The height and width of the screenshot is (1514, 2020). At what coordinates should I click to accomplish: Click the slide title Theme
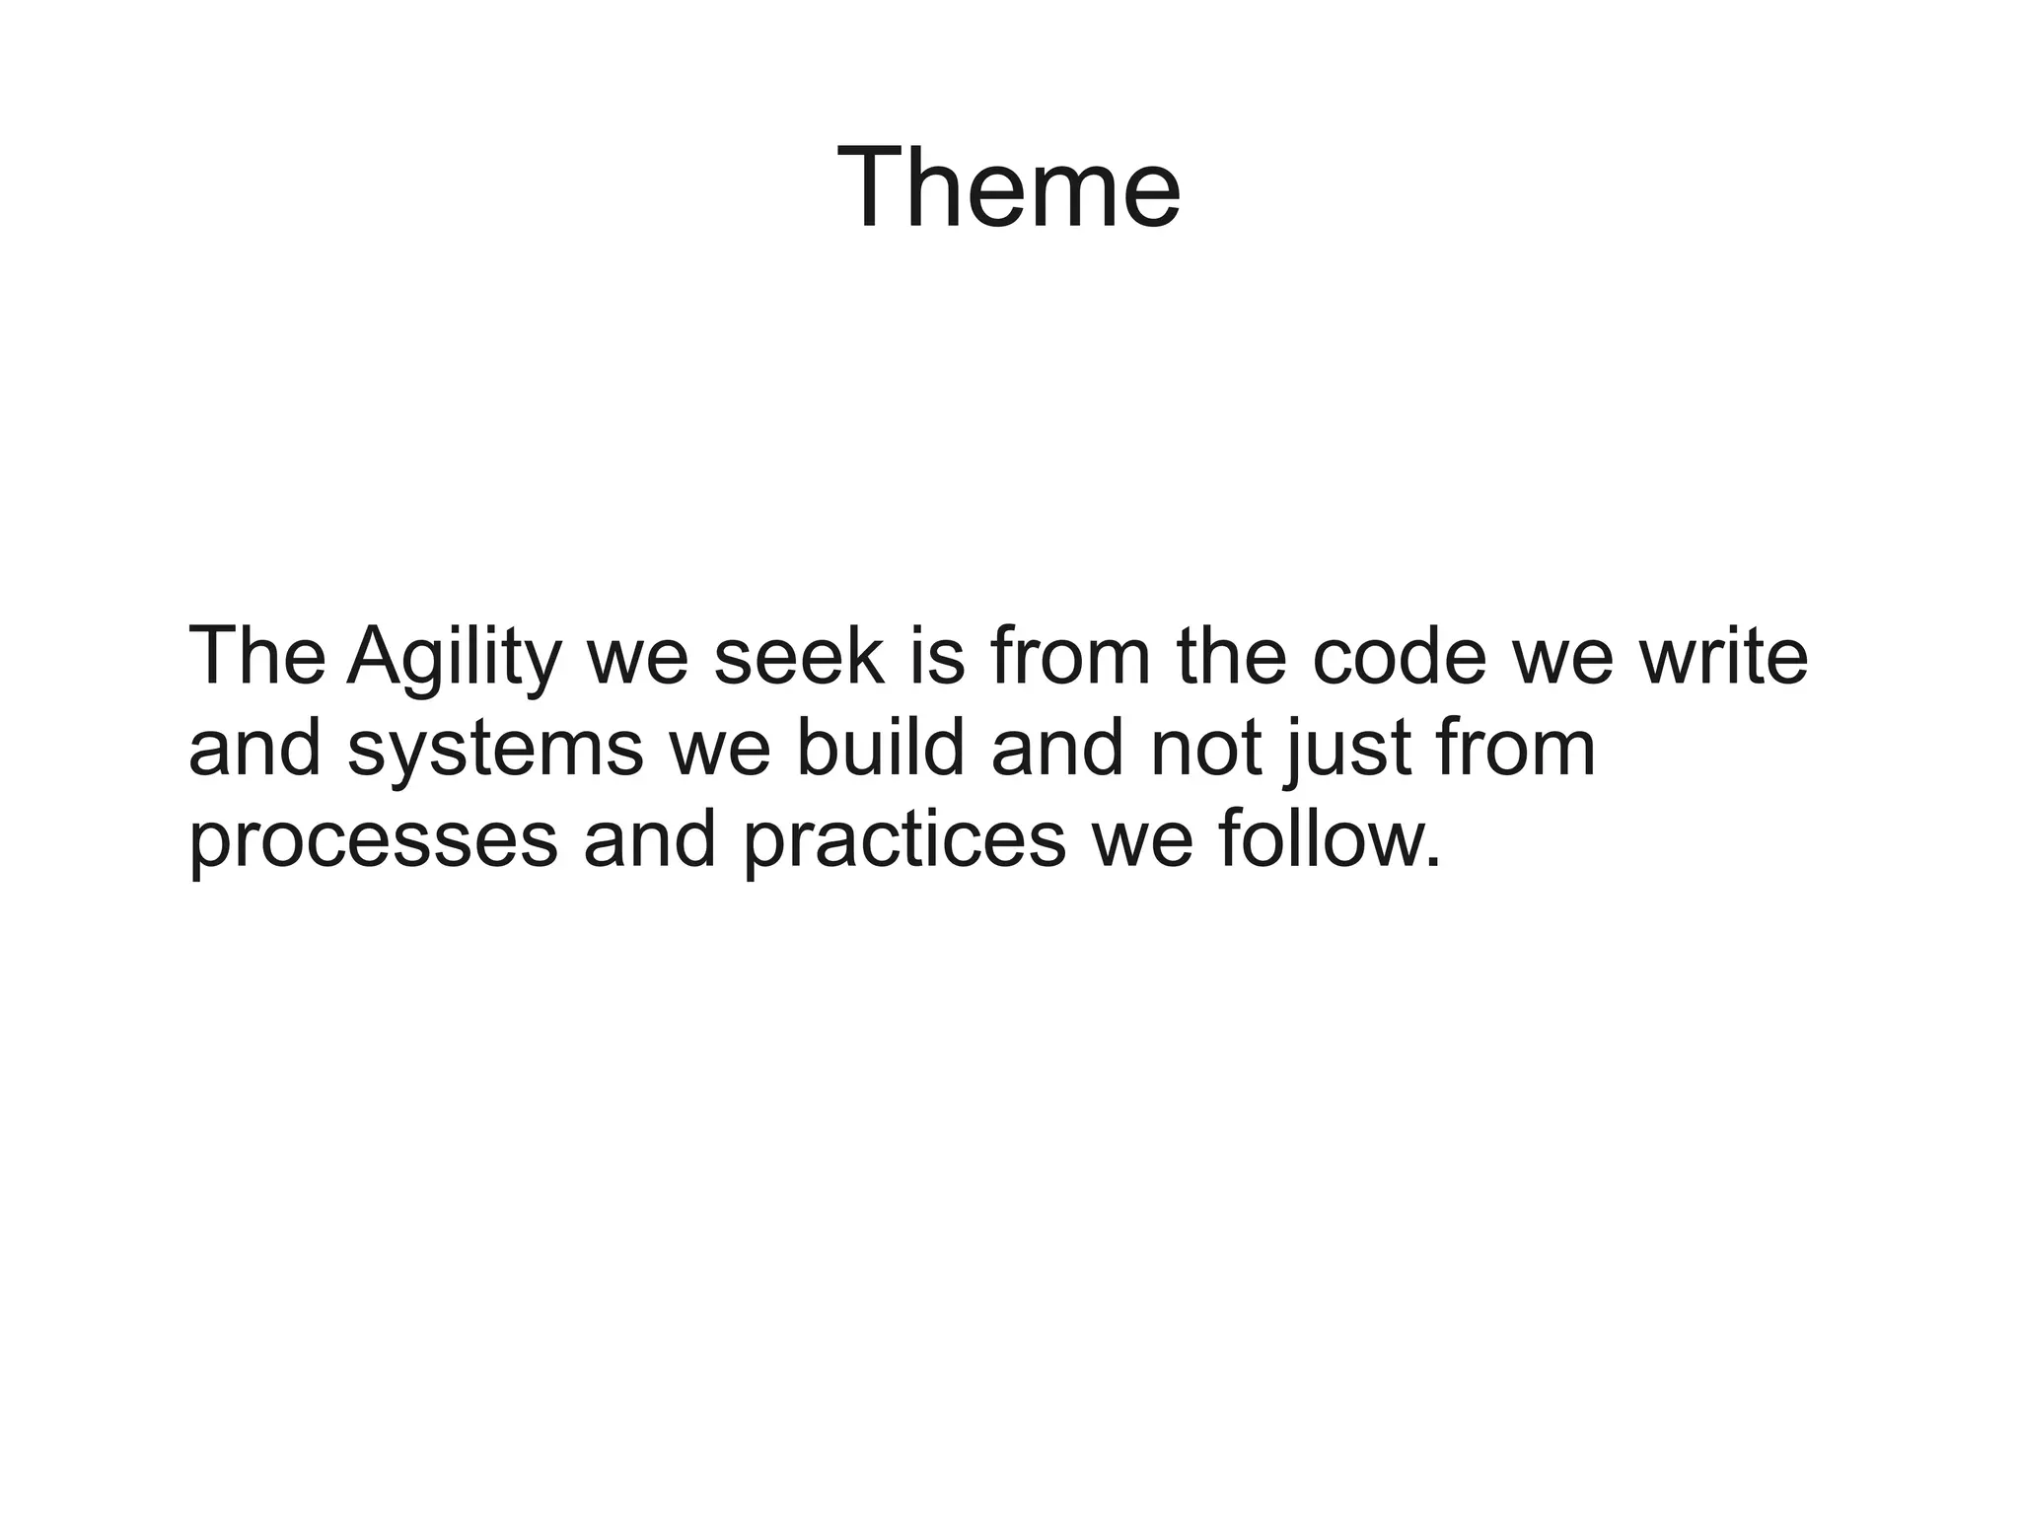pos(1008,187)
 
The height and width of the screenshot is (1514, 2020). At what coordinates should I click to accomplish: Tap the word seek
pos(799,657)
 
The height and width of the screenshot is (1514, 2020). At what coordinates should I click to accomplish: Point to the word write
pos(1723,657)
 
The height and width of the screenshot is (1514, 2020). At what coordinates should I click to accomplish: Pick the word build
pos(880,748)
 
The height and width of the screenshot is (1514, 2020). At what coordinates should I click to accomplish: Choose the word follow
pos(1314,838)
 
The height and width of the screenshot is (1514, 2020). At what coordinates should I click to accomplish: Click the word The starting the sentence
pos(256,657)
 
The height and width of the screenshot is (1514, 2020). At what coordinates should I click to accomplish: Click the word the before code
pos(1232,657)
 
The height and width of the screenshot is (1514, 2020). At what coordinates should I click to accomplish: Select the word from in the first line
pos(1070,657)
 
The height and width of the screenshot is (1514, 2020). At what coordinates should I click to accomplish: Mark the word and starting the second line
pos(254,748)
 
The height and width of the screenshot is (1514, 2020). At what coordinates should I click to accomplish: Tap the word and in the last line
pos(649,838)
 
